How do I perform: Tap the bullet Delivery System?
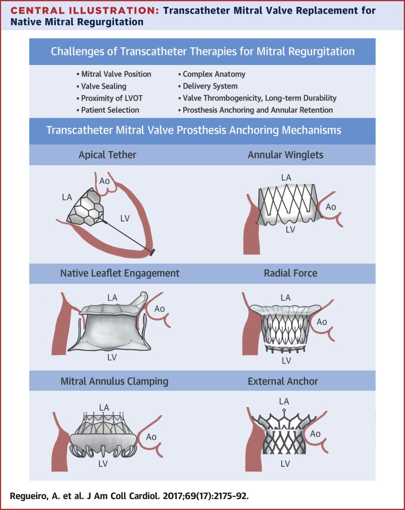pyautogui.click(x=210, y=86)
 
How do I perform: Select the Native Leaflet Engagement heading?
pyautogui.click(x=120, y=273)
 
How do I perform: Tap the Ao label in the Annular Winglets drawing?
pyautogui.click(x=331, y=207)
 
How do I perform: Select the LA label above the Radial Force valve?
pyautogui.click(x=285, y=298)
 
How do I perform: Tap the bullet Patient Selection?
pyautogui.click(x=110, y=110)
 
